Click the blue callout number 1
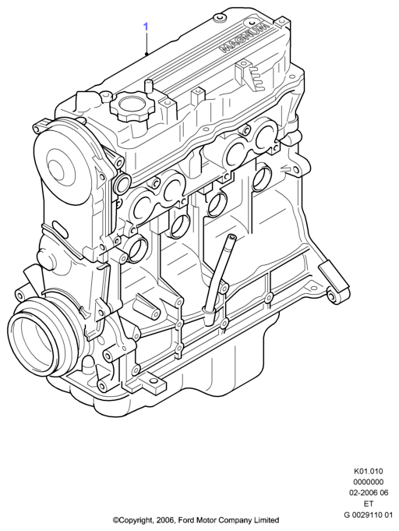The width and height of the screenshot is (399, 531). (146, 27)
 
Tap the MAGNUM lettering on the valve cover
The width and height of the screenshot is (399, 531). (245, 37)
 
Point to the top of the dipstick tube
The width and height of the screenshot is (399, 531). (231, 237)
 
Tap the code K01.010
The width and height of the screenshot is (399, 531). (368, 471)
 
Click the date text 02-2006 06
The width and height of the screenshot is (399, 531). (368, 493)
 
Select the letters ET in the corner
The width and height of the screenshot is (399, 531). (368, 504)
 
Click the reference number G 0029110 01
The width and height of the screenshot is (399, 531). (368, 515)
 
